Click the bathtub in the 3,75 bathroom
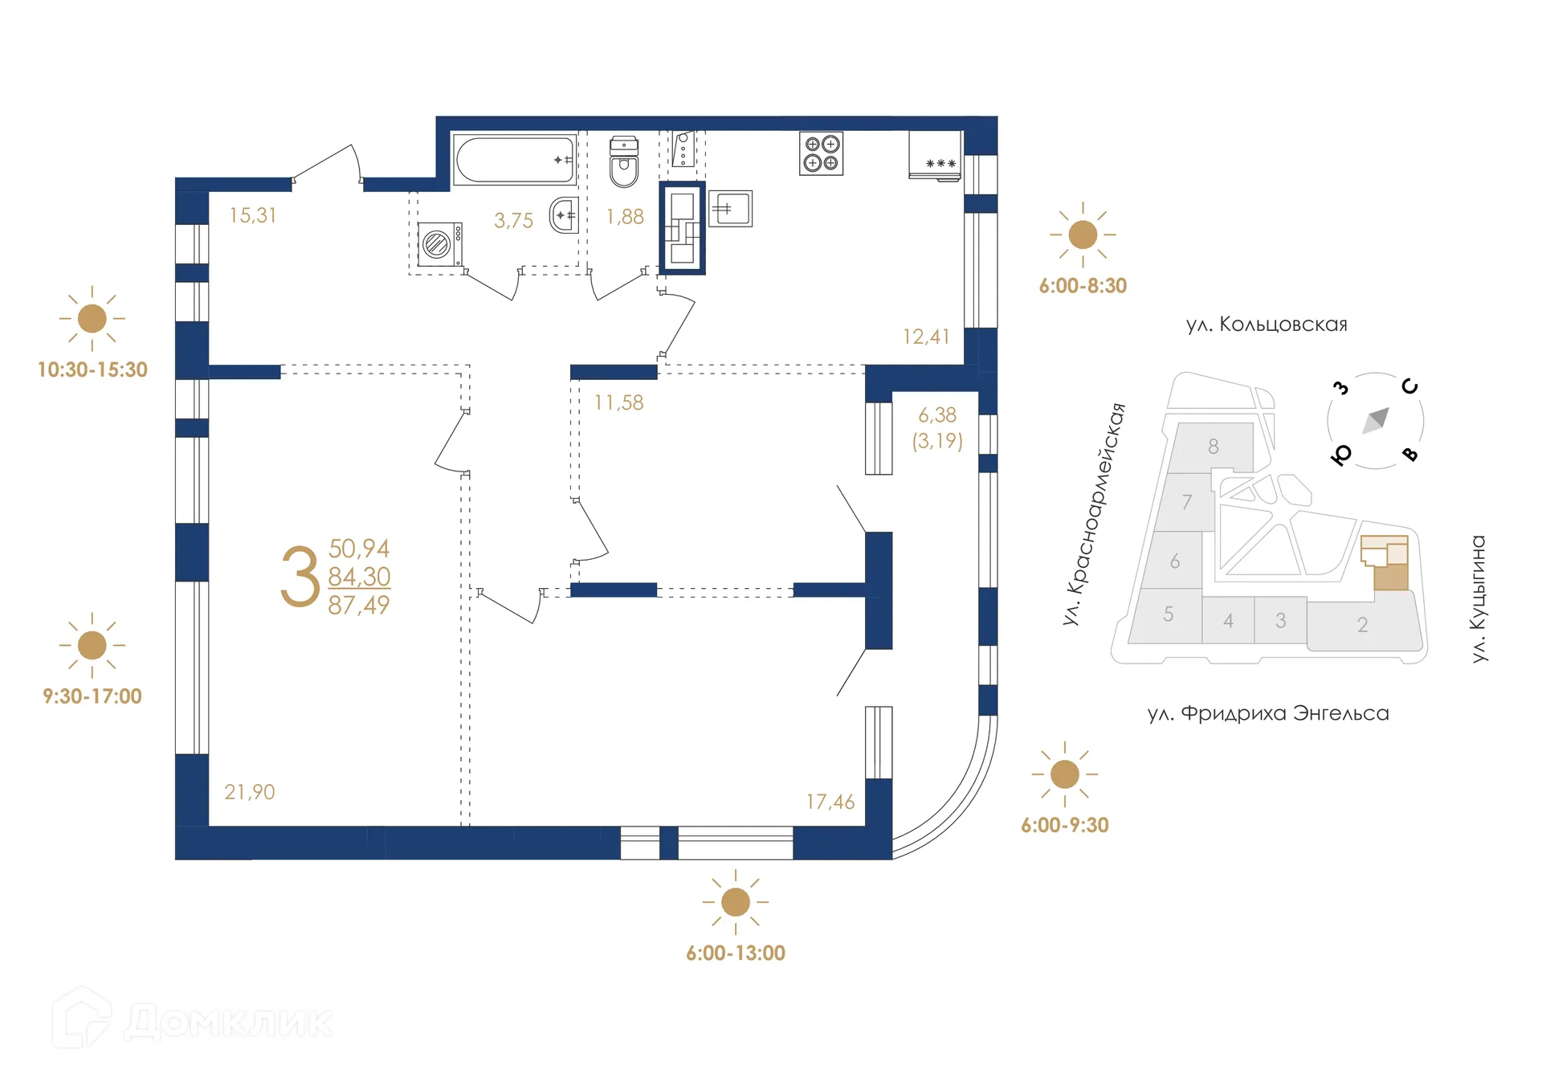(514, 159)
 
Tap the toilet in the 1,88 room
(624, 162)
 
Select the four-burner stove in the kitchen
(821, 153)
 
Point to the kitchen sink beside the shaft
(729, 209)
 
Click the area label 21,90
(249, 792)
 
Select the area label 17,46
(830, 802)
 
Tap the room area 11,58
(618, 402)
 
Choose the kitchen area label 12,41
(926, 337)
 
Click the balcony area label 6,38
(937, 415)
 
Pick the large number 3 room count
(300, 577)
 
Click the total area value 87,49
(359, 605)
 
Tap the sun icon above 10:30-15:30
(92, 318)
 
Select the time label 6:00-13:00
(735, 953)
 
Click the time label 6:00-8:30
(1083, 286)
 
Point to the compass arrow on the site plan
(1377, 419)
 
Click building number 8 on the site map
(1213, 446)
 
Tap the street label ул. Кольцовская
(1267, 325)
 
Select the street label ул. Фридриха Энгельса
(1267, 713)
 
